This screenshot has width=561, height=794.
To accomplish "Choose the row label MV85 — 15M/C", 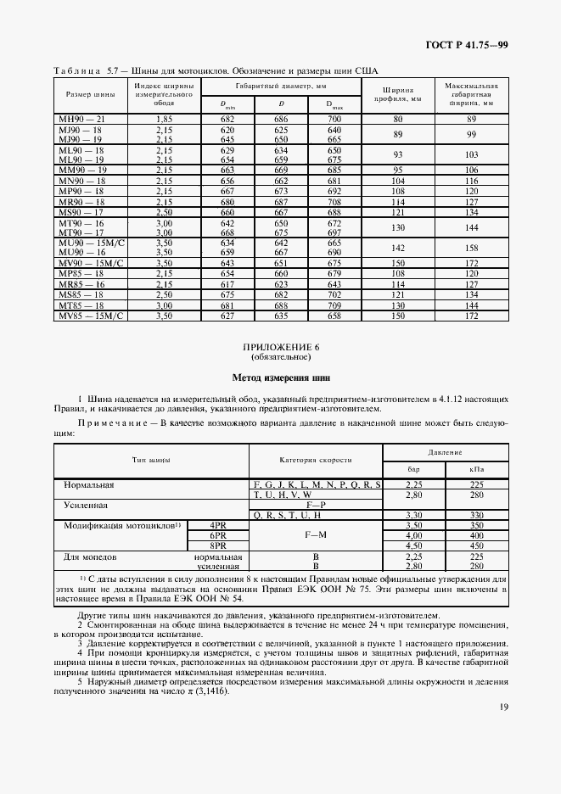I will (91, 316).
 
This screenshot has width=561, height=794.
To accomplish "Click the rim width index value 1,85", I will (165, 120).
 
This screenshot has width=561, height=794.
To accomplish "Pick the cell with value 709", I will (334, 305).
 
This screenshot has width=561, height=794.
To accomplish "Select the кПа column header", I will (477, 470).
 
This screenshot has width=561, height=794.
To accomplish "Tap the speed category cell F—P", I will (315, 505).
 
